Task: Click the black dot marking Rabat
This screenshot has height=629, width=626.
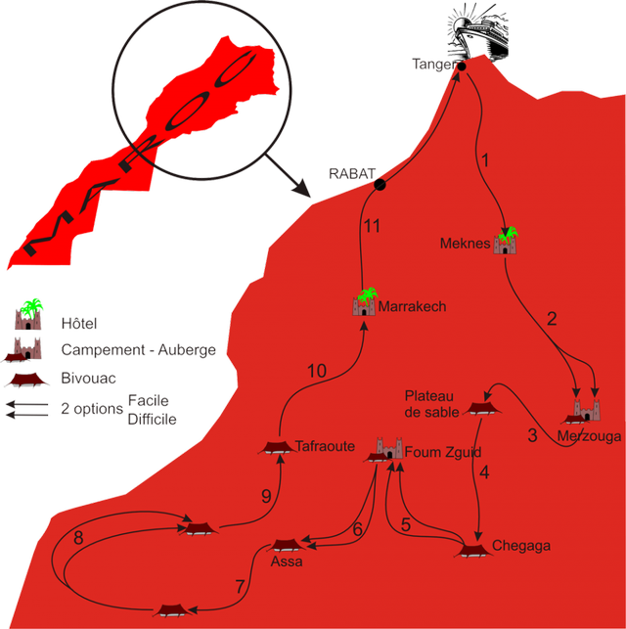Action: [380, 184]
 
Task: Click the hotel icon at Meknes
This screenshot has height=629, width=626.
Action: [506, 241]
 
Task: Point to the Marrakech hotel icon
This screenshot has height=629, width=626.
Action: [364, 303]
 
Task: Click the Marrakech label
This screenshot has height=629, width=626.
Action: [412, 306]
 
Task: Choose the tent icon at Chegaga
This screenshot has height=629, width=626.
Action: [474, 549]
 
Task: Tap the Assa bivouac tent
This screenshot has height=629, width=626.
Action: [288, 545]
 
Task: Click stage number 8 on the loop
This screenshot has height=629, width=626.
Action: [79, 537]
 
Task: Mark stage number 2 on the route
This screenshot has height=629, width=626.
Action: [552, 318]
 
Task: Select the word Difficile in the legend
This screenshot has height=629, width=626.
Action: [153, 419]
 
